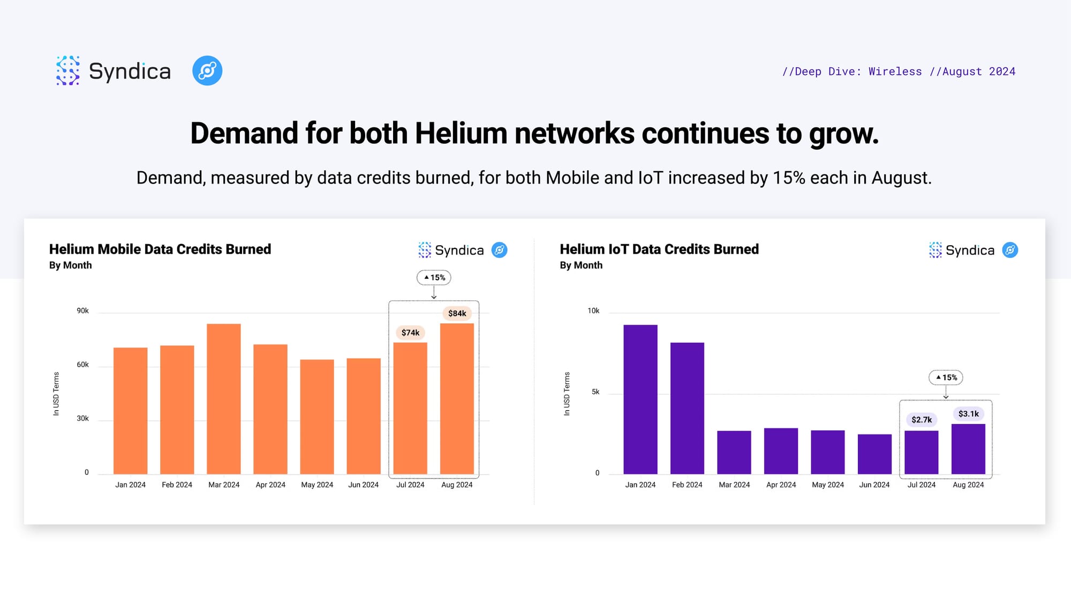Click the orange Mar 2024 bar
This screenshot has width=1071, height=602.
[224, 399]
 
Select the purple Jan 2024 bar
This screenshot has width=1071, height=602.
[640, 399]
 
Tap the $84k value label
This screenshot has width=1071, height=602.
[457, 314]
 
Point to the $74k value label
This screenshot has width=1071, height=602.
[411, 333]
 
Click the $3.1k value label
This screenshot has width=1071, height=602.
[969, 414]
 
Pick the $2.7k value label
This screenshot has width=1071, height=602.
[922, 420]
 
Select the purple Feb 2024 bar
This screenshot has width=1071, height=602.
[687, 408]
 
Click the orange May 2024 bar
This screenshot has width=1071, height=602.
[317, 417]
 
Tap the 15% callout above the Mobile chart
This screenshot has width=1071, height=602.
[434, 278]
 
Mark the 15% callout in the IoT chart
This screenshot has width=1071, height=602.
[946, 378]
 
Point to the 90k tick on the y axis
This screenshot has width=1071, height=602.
[82, 311]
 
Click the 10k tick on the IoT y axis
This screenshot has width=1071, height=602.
[593, 311]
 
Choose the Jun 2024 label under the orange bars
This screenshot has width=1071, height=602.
[364, 485]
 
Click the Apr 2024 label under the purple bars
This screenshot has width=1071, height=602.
[781, 485]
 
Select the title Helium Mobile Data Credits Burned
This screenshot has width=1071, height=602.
[160, 249]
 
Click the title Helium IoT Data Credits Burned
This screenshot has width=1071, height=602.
[659, 249]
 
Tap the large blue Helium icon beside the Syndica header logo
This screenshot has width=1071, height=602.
[207, 71]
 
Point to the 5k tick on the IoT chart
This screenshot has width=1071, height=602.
[595, 392]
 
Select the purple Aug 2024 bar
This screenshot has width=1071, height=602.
[968, 449]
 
